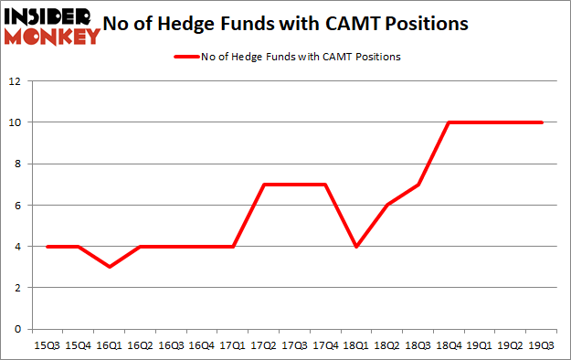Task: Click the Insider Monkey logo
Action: pyautogui.click(x=51, y=26)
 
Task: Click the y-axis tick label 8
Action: pyautogui.click(x=16, y=164)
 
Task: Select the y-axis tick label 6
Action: pyautogui.click(x=16, y=206)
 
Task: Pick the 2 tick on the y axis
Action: pyautogui.click(x=16, y=288)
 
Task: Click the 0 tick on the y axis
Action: pyautogui.click(x=16, y=329)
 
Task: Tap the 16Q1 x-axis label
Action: pyautogui.click(x=108, y=344)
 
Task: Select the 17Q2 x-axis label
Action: pyautogui.click(x=263, y=344)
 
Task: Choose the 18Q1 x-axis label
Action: pyautogui.click(x=356, y=344)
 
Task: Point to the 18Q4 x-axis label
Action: pyautogui.click(x=449, y=344)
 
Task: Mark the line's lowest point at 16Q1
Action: pyautogui.click(x=108, y=267)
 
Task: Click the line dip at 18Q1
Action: pyautogui.click(x=356, y=246)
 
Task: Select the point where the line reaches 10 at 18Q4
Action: pyautogui.click(x=449, y=122)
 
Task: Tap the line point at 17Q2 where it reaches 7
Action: pyautogui.click(x=263, y=185)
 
